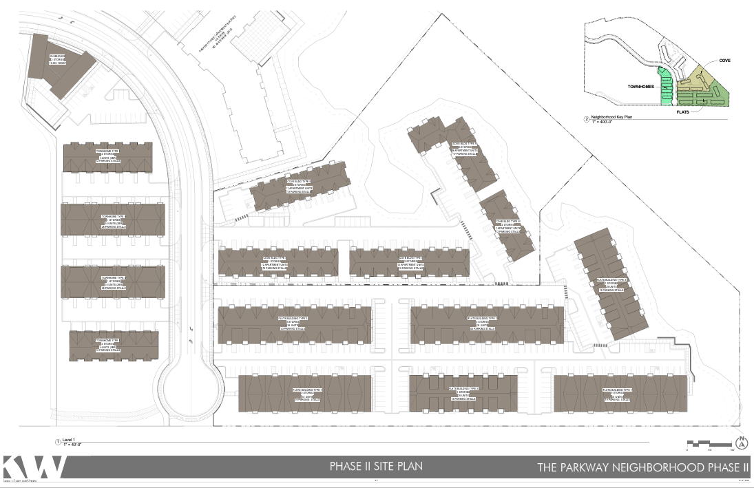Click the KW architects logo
pos(34,467)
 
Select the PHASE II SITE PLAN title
pos(377,467)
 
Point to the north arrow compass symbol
pos(742,444)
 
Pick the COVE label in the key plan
pos(725,61)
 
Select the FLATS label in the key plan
pos(683,110)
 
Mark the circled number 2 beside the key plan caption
pos(587,120)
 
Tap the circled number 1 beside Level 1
pos(57,441)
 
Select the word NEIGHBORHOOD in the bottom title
pos(667,468)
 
